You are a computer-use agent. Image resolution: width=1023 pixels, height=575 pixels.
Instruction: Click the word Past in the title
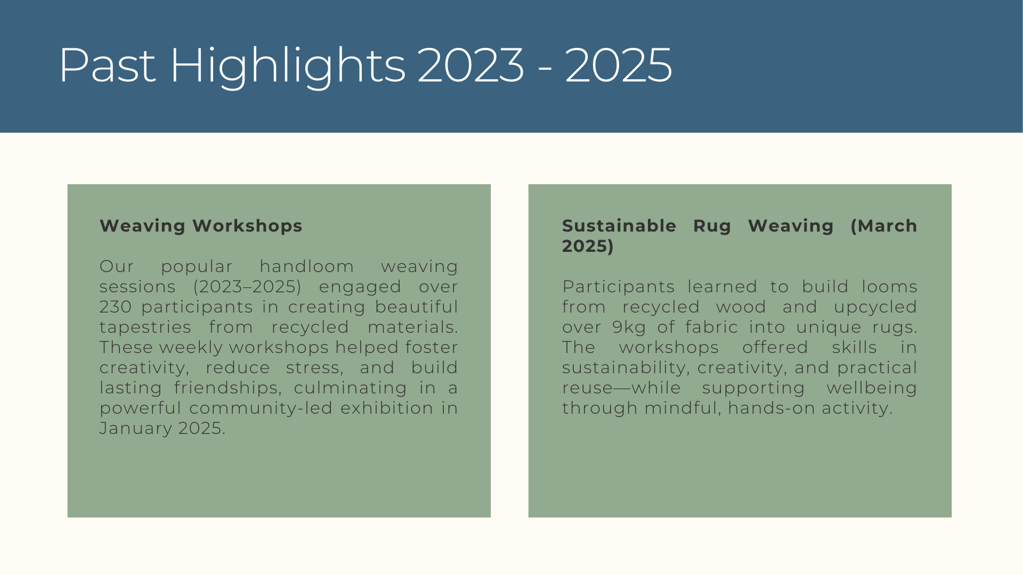[107, 65]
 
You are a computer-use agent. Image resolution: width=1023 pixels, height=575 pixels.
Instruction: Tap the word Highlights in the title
[287, 67]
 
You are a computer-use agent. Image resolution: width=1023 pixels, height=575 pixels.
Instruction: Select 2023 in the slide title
[470, 65]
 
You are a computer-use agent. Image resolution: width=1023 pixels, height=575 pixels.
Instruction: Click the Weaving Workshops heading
[201, 226]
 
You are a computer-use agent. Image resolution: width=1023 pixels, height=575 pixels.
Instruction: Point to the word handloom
[307, 266]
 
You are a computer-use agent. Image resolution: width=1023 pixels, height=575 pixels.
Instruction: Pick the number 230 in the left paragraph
[116, 307]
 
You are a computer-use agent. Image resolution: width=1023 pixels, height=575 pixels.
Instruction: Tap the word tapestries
[145, 327]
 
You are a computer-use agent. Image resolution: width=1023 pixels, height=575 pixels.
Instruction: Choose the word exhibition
[387, 408]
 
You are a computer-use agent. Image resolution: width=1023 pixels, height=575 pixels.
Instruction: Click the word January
[136, 429]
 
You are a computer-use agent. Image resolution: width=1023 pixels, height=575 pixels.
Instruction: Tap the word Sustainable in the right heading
[620, 226]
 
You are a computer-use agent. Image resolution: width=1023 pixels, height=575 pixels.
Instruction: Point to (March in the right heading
[884, 226]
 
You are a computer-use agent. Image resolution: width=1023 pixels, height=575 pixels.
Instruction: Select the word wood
[741, 307]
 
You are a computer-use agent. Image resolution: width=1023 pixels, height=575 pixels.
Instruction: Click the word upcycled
[875, 307]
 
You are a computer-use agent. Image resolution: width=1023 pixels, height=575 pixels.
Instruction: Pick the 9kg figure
[629, 327]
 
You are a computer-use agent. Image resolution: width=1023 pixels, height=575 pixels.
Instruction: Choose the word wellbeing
[872, 388]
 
